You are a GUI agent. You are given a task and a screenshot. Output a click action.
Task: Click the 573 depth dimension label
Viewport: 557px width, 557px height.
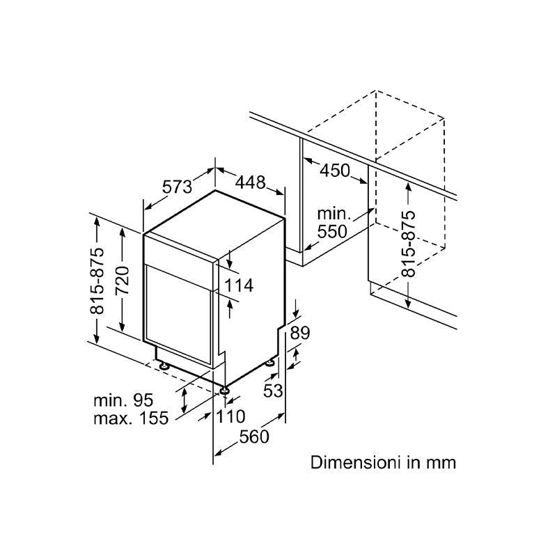pos(177,187)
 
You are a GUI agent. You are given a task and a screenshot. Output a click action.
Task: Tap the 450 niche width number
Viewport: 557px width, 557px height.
pos(336,171)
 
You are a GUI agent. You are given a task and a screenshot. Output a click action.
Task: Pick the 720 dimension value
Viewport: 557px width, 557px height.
pos(122,281)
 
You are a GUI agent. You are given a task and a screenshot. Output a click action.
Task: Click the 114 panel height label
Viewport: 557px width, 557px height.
pos(239,285)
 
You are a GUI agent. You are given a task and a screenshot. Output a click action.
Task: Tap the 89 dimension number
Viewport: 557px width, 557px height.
pos(299,334)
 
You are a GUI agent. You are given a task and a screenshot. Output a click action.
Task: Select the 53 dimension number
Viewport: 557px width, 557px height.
pos(274,391)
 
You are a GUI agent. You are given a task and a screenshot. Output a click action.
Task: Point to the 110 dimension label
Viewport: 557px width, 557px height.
pos(230,417)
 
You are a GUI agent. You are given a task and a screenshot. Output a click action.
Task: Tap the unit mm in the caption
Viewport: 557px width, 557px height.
pos(442,462)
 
